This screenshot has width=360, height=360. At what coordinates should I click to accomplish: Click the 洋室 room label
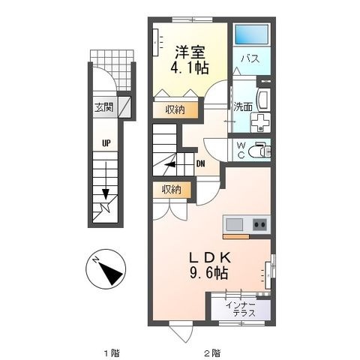click(190, 52)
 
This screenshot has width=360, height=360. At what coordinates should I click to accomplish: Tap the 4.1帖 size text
click(190, 67)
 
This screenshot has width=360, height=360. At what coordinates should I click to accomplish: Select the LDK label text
click(209, 258)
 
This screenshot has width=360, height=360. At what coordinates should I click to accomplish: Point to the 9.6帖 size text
click(209, 273)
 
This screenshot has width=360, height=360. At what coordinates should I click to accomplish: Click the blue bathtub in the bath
click(252, 34)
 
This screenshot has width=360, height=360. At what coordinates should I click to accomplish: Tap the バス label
click(250, 59)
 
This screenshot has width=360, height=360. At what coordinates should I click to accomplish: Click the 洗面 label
click(243, 106)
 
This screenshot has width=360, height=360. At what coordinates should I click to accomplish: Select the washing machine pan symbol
click(260, 123)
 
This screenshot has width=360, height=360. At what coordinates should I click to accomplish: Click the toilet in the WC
click(259, 150)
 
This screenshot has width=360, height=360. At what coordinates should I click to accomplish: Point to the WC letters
click(241, 150)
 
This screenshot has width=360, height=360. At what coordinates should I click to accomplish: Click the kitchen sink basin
click(235, 224)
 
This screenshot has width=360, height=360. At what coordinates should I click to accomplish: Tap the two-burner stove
click(260, 224)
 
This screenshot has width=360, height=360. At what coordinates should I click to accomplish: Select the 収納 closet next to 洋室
click(175, 110)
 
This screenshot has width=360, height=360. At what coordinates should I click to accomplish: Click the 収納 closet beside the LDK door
click(172, 190)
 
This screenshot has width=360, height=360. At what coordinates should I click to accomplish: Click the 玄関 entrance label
click(103, 107)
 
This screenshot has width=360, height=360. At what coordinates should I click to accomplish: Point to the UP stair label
click(106, 143)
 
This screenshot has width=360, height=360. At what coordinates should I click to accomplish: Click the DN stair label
click(201, 164)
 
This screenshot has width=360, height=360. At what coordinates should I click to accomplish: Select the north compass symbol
click(106, 269)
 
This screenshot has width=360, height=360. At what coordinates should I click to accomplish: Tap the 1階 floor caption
click(112, 353)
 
